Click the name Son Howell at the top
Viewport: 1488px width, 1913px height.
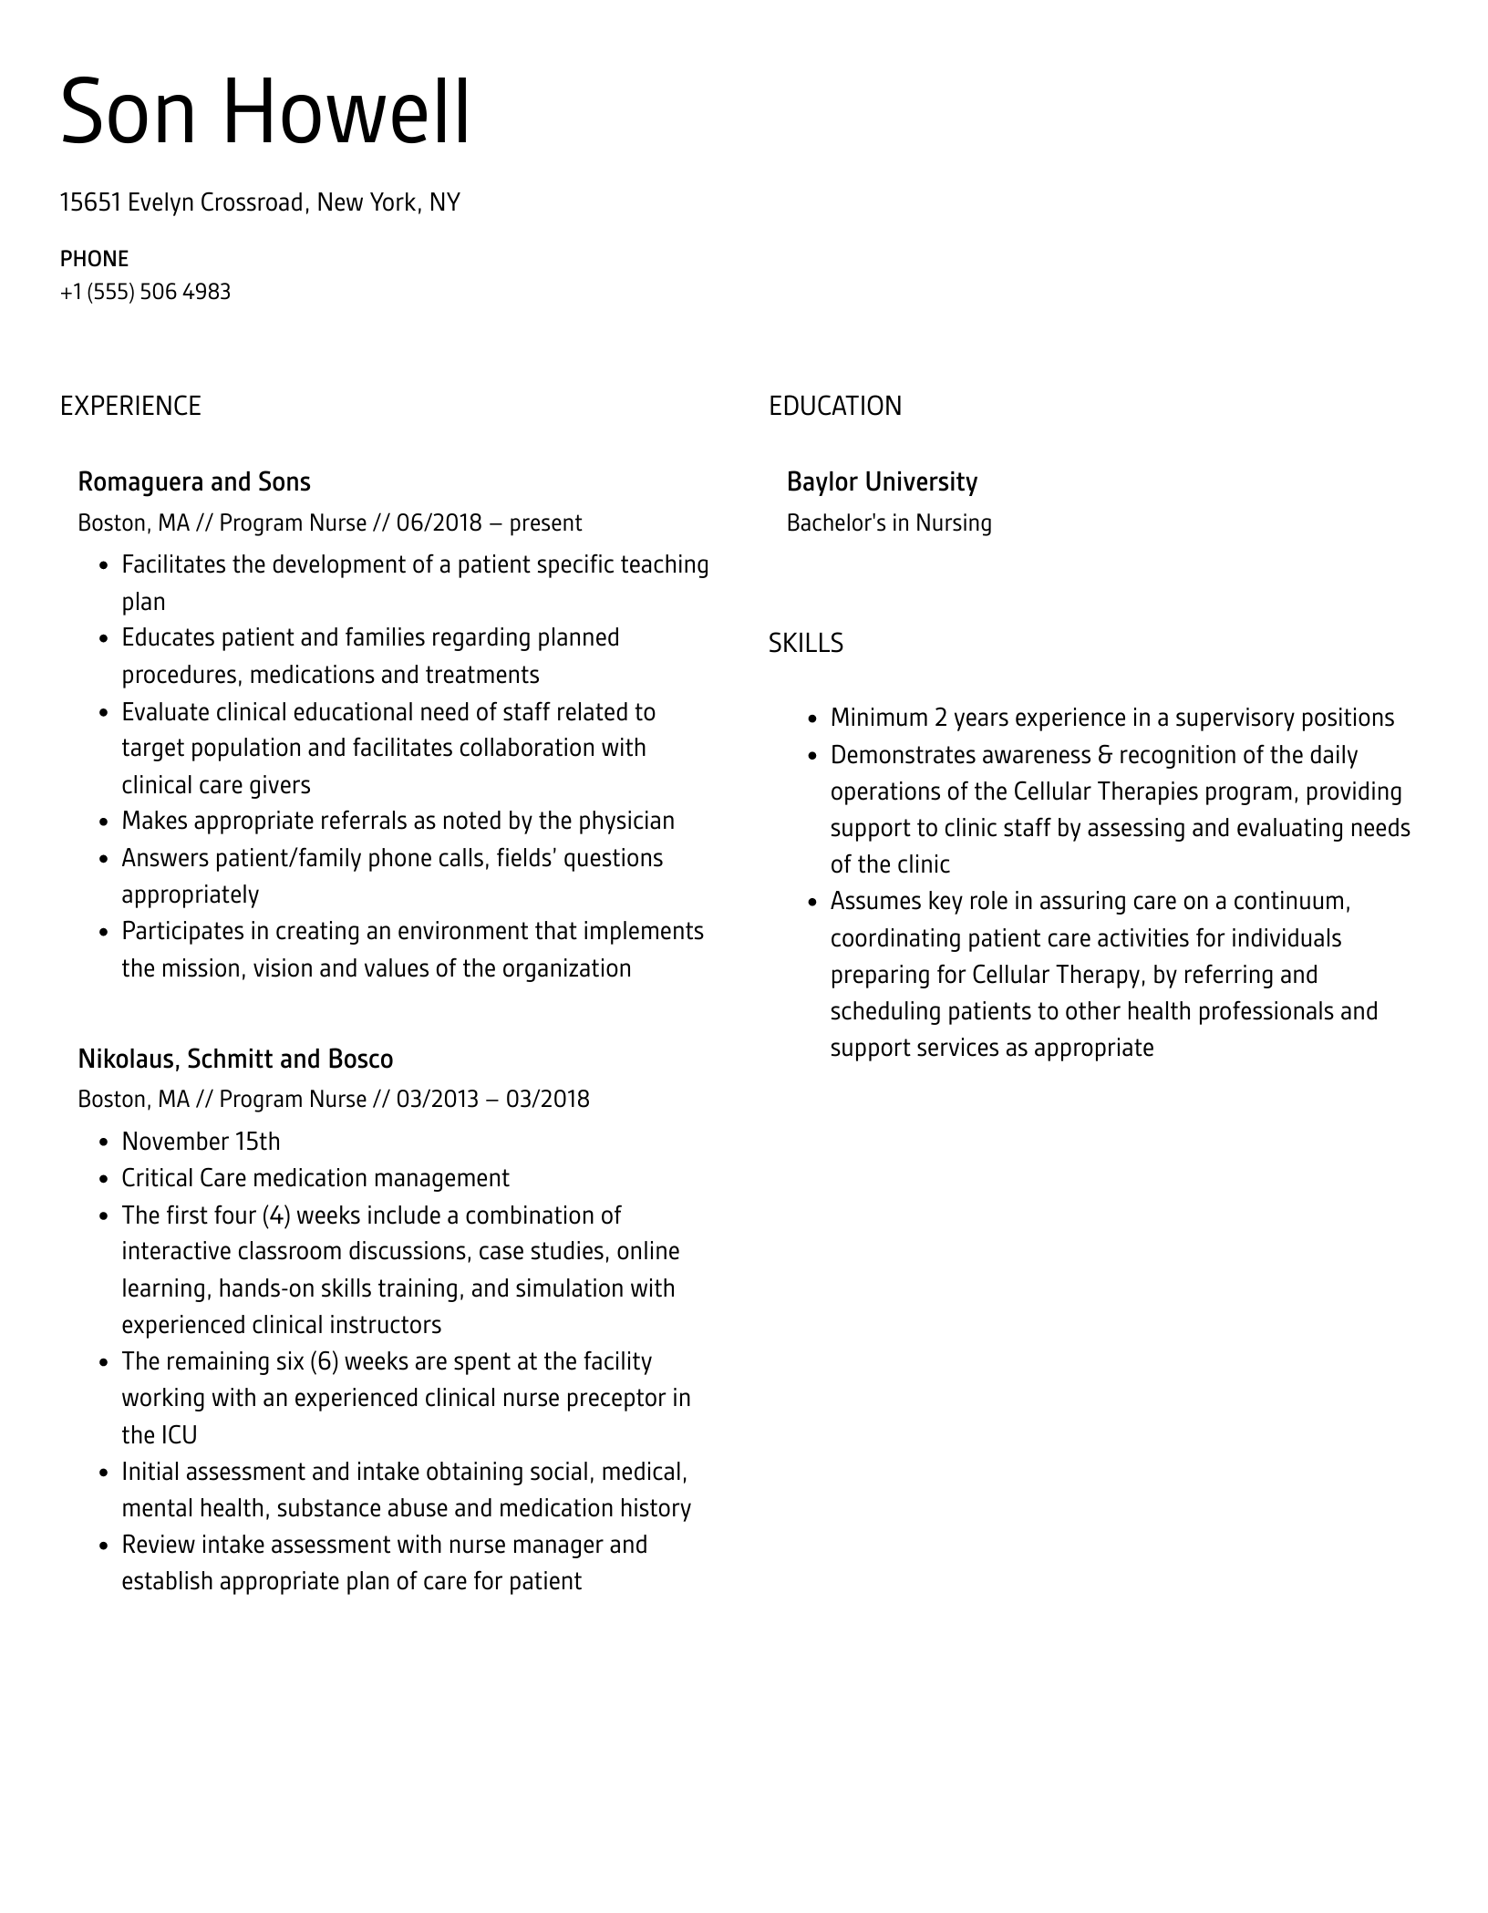click(x=265, y=112)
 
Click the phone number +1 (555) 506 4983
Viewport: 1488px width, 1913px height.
click(x=145, y=292)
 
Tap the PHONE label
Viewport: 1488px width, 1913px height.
click(x=94, y=259)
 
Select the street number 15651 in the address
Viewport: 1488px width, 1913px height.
click(x=90, y=202)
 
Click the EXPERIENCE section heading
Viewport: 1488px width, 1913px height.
click(x=130, y=406)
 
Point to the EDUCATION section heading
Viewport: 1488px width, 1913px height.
click(x=834, y=406)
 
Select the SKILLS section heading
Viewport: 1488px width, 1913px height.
click(x=805, y=644)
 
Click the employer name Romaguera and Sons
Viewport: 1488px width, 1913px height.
click(x=194, y=481)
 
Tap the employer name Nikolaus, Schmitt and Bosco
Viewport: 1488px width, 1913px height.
click(x=235, y=1059)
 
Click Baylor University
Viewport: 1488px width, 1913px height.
click(x=882, y=481)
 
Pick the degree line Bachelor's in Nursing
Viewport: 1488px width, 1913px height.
click(x=889, y=522)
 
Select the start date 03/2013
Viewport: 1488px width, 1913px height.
click(x=437, y=1099)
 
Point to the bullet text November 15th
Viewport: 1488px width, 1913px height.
click(x=201, y=1142)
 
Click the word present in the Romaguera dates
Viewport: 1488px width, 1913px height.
click(x=545, y=522)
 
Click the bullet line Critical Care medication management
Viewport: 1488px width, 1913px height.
click(x=315, y=1178)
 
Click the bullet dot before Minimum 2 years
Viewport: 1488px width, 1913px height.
click(x=813, y=719)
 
